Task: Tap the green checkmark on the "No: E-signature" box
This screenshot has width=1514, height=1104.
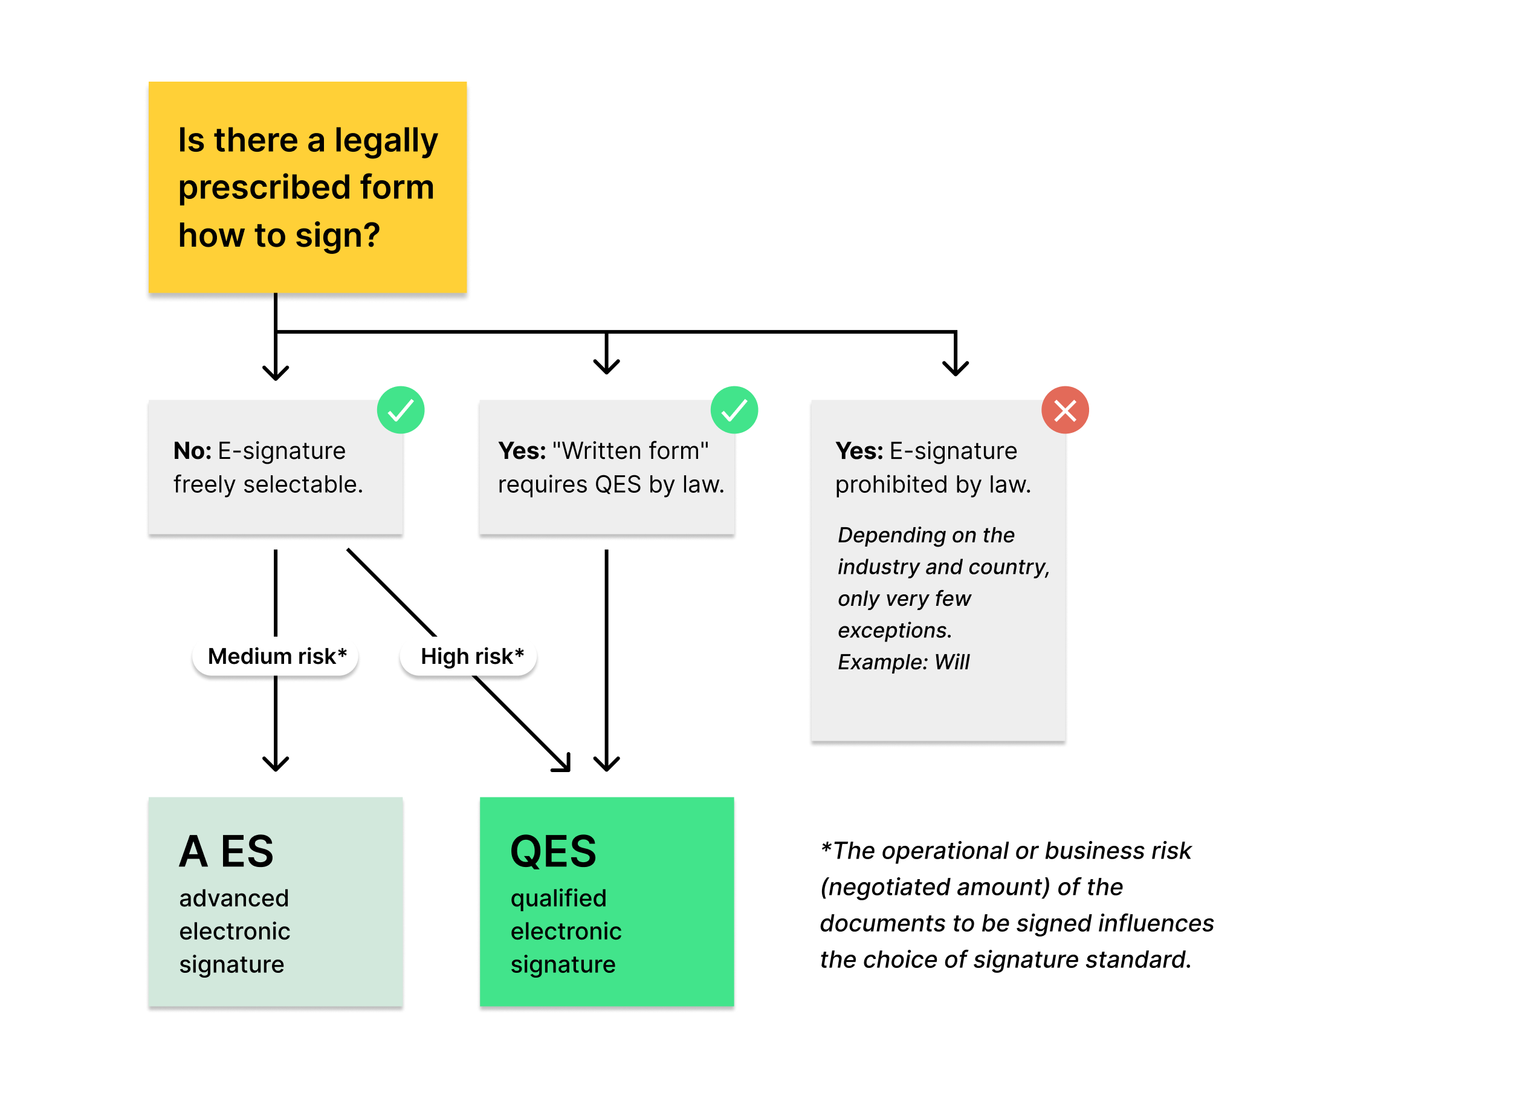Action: tap(400, 410)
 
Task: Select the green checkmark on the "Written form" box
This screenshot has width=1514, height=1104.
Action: tap(734, 410)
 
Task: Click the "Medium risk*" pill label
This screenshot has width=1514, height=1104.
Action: tap(276, 656)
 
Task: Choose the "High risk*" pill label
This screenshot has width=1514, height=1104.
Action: tap(470, 656)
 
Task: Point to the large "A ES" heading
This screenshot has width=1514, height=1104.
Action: tap(226, 851)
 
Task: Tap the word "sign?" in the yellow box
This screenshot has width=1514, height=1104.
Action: tap(337, 236)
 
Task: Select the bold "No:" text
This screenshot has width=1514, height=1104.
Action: tap(192, 450)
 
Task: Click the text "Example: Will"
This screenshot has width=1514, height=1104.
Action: tap(904, 661)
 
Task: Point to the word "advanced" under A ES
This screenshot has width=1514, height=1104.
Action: tap(234, 898)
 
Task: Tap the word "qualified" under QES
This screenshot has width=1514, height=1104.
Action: tap(558, 899)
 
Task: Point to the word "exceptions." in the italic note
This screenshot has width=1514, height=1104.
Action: tap(894, 630)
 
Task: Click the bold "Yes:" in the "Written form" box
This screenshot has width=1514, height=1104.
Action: tap(522, 450)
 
